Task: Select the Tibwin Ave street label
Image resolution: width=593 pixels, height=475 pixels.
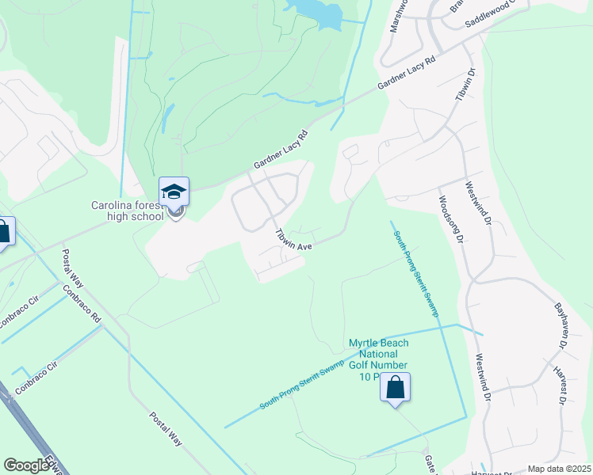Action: click(292, 240)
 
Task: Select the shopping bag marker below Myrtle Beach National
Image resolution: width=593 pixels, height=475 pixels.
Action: click(395, 389)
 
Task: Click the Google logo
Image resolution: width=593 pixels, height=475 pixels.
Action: click(26, 465)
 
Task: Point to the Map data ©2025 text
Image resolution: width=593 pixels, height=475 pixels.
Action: click(559, 469)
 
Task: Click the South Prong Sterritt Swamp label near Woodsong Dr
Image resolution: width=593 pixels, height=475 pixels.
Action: click(415, 269)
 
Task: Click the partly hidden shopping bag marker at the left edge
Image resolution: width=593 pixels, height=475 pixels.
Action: click(4, 233)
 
